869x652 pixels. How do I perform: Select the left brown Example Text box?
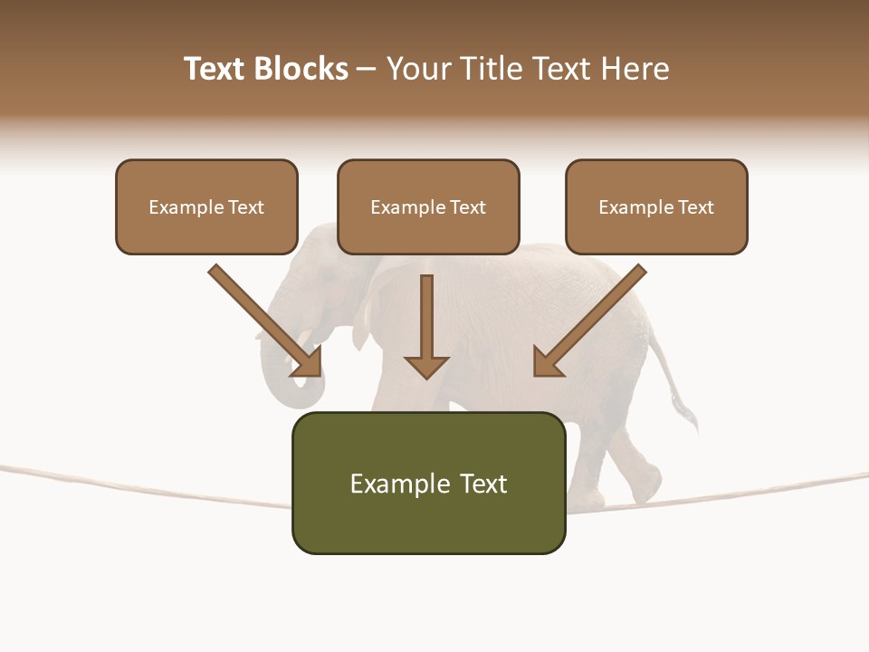pos(206,206)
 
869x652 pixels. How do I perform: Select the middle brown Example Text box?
pos(428,206)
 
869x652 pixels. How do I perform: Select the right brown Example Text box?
pos(656,206)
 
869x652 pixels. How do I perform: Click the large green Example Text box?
pos(428,483)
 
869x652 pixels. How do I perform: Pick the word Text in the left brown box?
pos(245,206)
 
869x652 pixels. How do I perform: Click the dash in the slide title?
pos(367,70)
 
